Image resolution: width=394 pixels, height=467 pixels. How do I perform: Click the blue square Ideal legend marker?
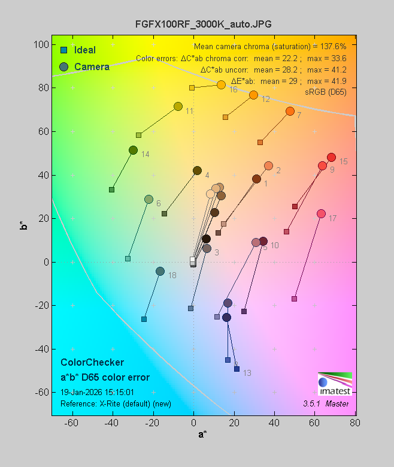coord(63,50)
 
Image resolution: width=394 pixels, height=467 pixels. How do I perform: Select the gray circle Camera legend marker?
coord(63,67)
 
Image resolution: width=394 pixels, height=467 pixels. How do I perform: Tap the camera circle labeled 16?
coord(221,85)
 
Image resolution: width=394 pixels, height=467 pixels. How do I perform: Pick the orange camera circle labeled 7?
coord(290,112)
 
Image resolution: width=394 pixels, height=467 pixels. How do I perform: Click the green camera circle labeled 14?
coord(133,150)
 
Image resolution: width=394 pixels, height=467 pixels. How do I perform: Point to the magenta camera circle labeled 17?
coord(321,214)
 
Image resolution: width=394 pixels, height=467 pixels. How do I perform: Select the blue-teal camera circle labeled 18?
coord(160,272)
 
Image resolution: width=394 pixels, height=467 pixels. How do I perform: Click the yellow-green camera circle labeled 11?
coord(178,107)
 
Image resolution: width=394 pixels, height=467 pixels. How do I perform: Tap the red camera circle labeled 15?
coord(331,158)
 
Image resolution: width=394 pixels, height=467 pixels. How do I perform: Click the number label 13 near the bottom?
coord(247,373)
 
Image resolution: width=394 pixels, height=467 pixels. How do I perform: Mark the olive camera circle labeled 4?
coord(197,171)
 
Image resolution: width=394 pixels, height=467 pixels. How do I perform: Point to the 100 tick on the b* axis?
coord(41,45)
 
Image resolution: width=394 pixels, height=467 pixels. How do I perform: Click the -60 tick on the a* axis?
coord(72,423)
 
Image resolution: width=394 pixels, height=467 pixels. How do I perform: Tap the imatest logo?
coord(335,383)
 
